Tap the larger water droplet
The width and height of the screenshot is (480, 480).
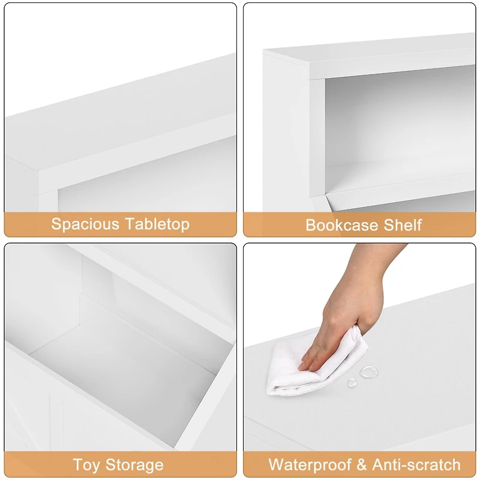tap(367, 372)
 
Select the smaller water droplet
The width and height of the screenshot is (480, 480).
tap(352, 382)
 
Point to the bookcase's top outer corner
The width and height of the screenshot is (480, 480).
tap(265, 53)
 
